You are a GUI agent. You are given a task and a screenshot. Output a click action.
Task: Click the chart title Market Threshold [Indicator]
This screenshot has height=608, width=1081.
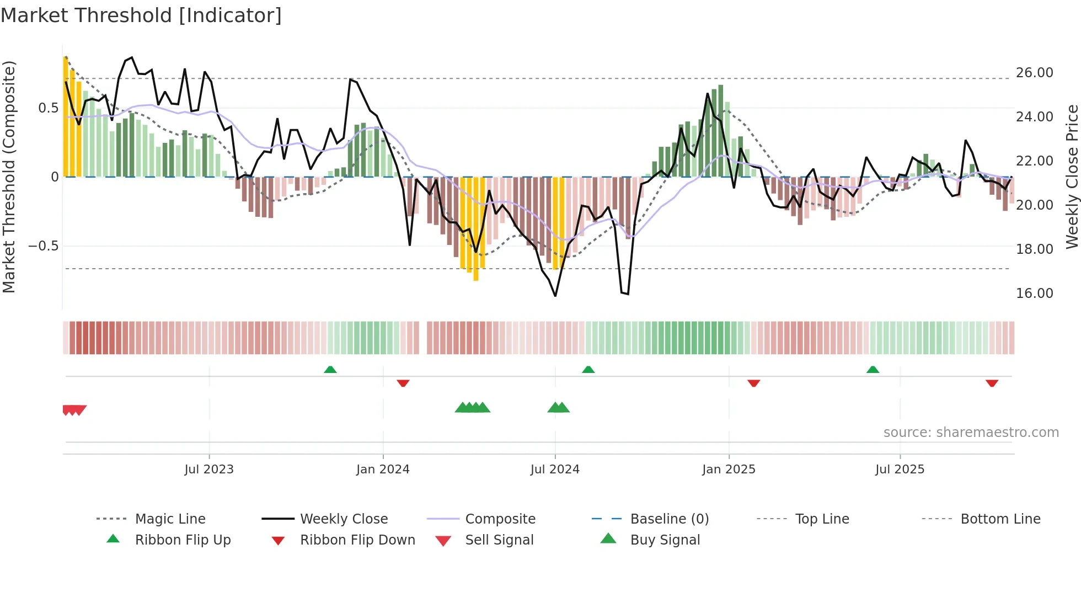pos(141,15)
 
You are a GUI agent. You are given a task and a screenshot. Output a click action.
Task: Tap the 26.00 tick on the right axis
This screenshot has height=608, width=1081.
pos(1034,73)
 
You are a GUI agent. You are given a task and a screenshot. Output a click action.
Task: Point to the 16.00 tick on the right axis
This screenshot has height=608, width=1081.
pos(1034,294)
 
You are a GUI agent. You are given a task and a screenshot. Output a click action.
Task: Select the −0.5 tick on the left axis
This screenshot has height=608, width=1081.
pos(43,246)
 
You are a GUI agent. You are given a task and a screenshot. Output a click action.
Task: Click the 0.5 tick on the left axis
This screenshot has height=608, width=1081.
pos(48,108)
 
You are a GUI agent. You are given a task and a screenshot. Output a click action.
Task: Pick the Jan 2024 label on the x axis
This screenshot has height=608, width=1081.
pos(383,470)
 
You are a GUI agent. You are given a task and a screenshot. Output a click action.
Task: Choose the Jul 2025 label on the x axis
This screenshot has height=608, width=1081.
pos(900,470)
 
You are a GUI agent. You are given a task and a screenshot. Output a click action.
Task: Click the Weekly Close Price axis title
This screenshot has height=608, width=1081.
pos(1072,177)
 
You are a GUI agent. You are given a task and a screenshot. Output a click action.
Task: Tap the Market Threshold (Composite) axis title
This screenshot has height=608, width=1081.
pos(9,177)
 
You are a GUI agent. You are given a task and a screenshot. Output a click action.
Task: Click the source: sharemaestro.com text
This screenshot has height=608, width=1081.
pos(971,433)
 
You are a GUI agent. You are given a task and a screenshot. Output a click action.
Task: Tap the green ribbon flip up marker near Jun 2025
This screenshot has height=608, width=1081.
pos(873,370)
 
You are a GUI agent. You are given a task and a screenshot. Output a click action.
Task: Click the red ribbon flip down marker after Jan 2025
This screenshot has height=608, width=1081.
pos(753,383)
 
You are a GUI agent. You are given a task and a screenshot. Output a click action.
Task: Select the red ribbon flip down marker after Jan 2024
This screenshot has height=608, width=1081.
pos(403,383)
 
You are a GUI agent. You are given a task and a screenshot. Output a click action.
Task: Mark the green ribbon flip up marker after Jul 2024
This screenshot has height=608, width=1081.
pos(588,370)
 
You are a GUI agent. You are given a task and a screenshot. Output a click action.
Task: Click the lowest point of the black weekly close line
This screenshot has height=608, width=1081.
pos(555,296)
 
